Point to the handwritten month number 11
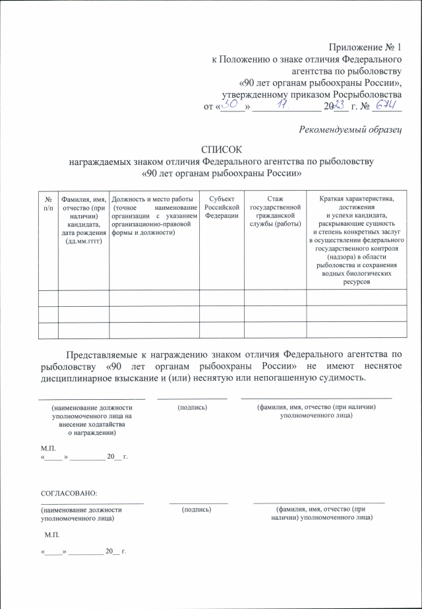pyautogui.click(x=282, y=106)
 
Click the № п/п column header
pyautogui.click(x=48, y=203)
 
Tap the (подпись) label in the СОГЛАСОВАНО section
pyautogui.click(x=196, y=509)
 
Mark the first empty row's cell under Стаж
pyautogui.click(x=275, y=298)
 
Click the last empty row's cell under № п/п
pyautogui.click(x=48, y=331)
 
